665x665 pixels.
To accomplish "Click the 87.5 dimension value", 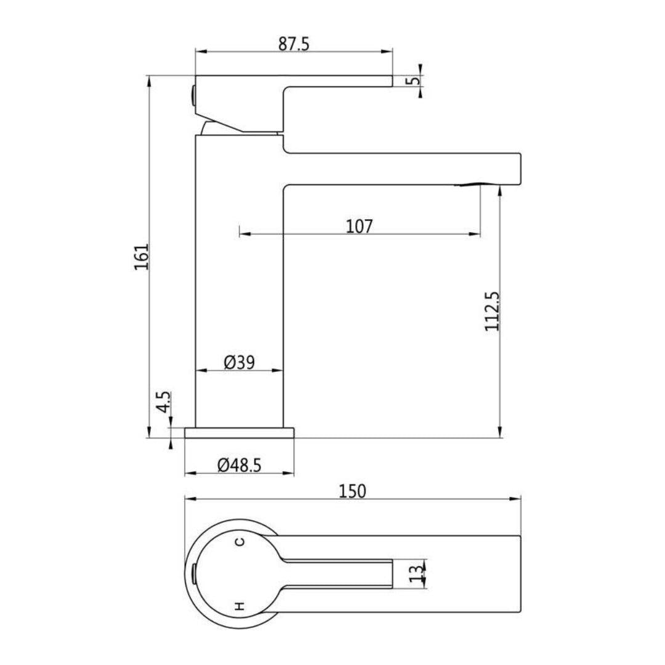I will point(294,44).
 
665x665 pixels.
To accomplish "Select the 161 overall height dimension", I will point(142,256).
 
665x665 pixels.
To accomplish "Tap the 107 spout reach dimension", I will point(360,226).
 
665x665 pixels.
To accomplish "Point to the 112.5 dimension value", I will point(492,311).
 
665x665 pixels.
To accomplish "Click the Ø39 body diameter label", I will point(239,362).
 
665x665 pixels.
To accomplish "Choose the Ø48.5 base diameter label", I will point(239,465).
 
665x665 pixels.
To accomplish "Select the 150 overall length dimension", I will point(352,491).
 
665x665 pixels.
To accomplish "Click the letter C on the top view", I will point(240,542).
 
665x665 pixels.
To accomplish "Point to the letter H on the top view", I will point(240,607).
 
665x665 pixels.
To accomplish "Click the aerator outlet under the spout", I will point(478,183).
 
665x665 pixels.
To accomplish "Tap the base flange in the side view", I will point(240,433).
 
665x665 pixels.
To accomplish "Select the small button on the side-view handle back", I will point(193,96).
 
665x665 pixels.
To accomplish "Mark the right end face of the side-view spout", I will point(520,168).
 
